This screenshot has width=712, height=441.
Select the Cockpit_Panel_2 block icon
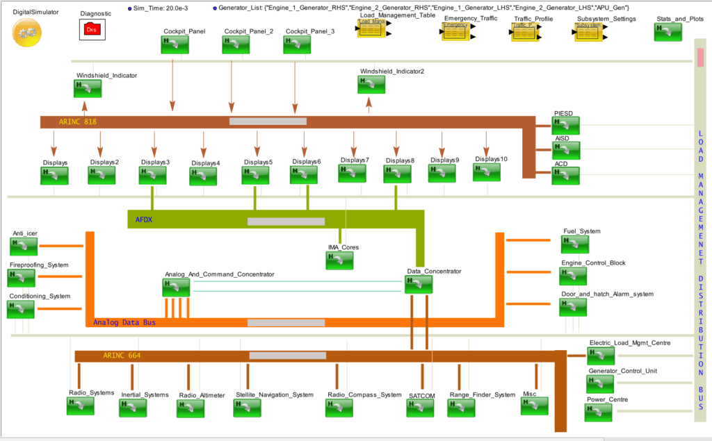(236, 44)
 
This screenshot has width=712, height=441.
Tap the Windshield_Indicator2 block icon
(371, 84)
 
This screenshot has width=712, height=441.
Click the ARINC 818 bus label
(77, 122)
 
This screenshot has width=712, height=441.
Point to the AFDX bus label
(144, 221)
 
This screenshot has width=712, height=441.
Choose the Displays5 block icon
(255, 175)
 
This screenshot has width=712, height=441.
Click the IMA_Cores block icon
(339, 260)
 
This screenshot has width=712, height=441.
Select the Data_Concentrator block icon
(419, 284)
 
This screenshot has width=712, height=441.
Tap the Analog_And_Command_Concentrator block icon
(176, 287)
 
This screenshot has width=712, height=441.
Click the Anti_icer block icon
(24, 247)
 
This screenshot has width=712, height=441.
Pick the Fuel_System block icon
(575, 244)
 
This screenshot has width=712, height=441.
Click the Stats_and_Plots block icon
(667, 32)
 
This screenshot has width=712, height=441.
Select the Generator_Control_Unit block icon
(601, 384)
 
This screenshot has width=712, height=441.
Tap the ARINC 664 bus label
(122, 356)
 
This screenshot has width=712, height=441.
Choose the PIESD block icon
(565, 125)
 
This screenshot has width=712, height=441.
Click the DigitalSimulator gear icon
(27, 31)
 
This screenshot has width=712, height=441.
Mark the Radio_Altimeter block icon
(191, 408)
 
